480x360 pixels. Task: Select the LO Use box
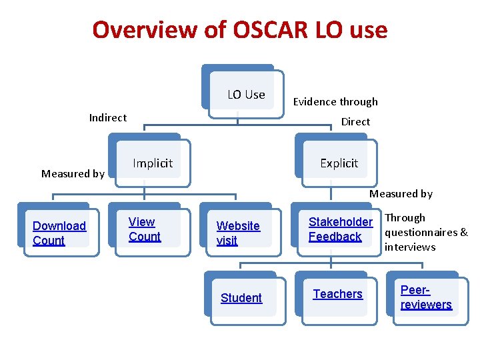coord(246,95)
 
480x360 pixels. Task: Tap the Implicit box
coord(153,163)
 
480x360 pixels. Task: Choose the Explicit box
coord(339,163)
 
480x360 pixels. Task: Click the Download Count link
coord(59,233)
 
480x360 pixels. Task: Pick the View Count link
coord(144,229)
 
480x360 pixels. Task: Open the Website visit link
coord(237,233)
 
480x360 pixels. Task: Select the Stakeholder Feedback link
coord(340,229)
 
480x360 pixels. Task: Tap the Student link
coord(241,298)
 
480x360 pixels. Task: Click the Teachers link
coord(337,294)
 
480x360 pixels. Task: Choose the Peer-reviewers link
coord(425,298)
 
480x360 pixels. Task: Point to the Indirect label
coord(107,118)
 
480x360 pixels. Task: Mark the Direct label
coord(355,122)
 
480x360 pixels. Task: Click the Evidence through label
coord(335,102)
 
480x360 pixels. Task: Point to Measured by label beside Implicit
coord(73,174)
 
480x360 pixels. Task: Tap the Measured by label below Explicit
coord(401,194)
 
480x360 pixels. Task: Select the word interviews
coord(410,247)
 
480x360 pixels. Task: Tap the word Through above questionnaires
coord(405,218)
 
